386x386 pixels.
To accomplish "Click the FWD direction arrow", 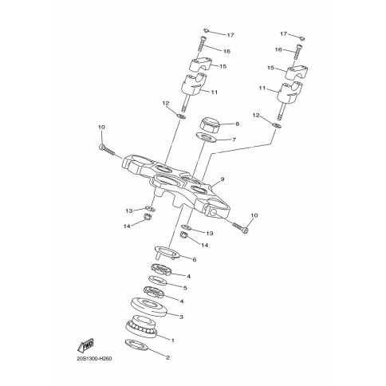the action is (x=85, y=345).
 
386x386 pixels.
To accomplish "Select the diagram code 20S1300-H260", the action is (x=94, y=359).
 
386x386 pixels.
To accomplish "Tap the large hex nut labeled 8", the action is (x=209, y=124).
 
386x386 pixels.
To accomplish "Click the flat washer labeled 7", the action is (x=207, y=138).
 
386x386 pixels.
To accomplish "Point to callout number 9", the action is (x=223, y=179).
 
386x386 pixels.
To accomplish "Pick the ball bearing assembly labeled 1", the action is (x=141, y=326).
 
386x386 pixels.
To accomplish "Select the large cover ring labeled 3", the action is (x=149, y=306).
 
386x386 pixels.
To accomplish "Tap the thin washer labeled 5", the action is (x=158, y=281).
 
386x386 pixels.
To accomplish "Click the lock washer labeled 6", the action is (x=167, y=252).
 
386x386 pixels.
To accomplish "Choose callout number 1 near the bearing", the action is (x=173, y=340).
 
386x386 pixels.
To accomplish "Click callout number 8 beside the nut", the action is (x=238, y=124).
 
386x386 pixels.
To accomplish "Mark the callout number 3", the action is (x=181, y=317).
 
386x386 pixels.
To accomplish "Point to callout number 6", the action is (x=195, y=259).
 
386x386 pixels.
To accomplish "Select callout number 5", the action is (x=185, y=288).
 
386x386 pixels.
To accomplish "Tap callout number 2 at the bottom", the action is (x=167, y=357).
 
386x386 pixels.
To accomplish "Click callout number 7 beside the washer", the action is (x=234, y=140).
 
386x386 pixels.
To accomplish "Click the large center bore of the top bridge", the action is (x=167, y=182).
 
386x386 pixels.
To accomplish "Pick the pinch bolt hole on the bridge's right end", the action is (x=213, y=212).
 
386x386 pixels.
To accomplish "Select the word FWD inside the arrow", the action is (x=88, y=345).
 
